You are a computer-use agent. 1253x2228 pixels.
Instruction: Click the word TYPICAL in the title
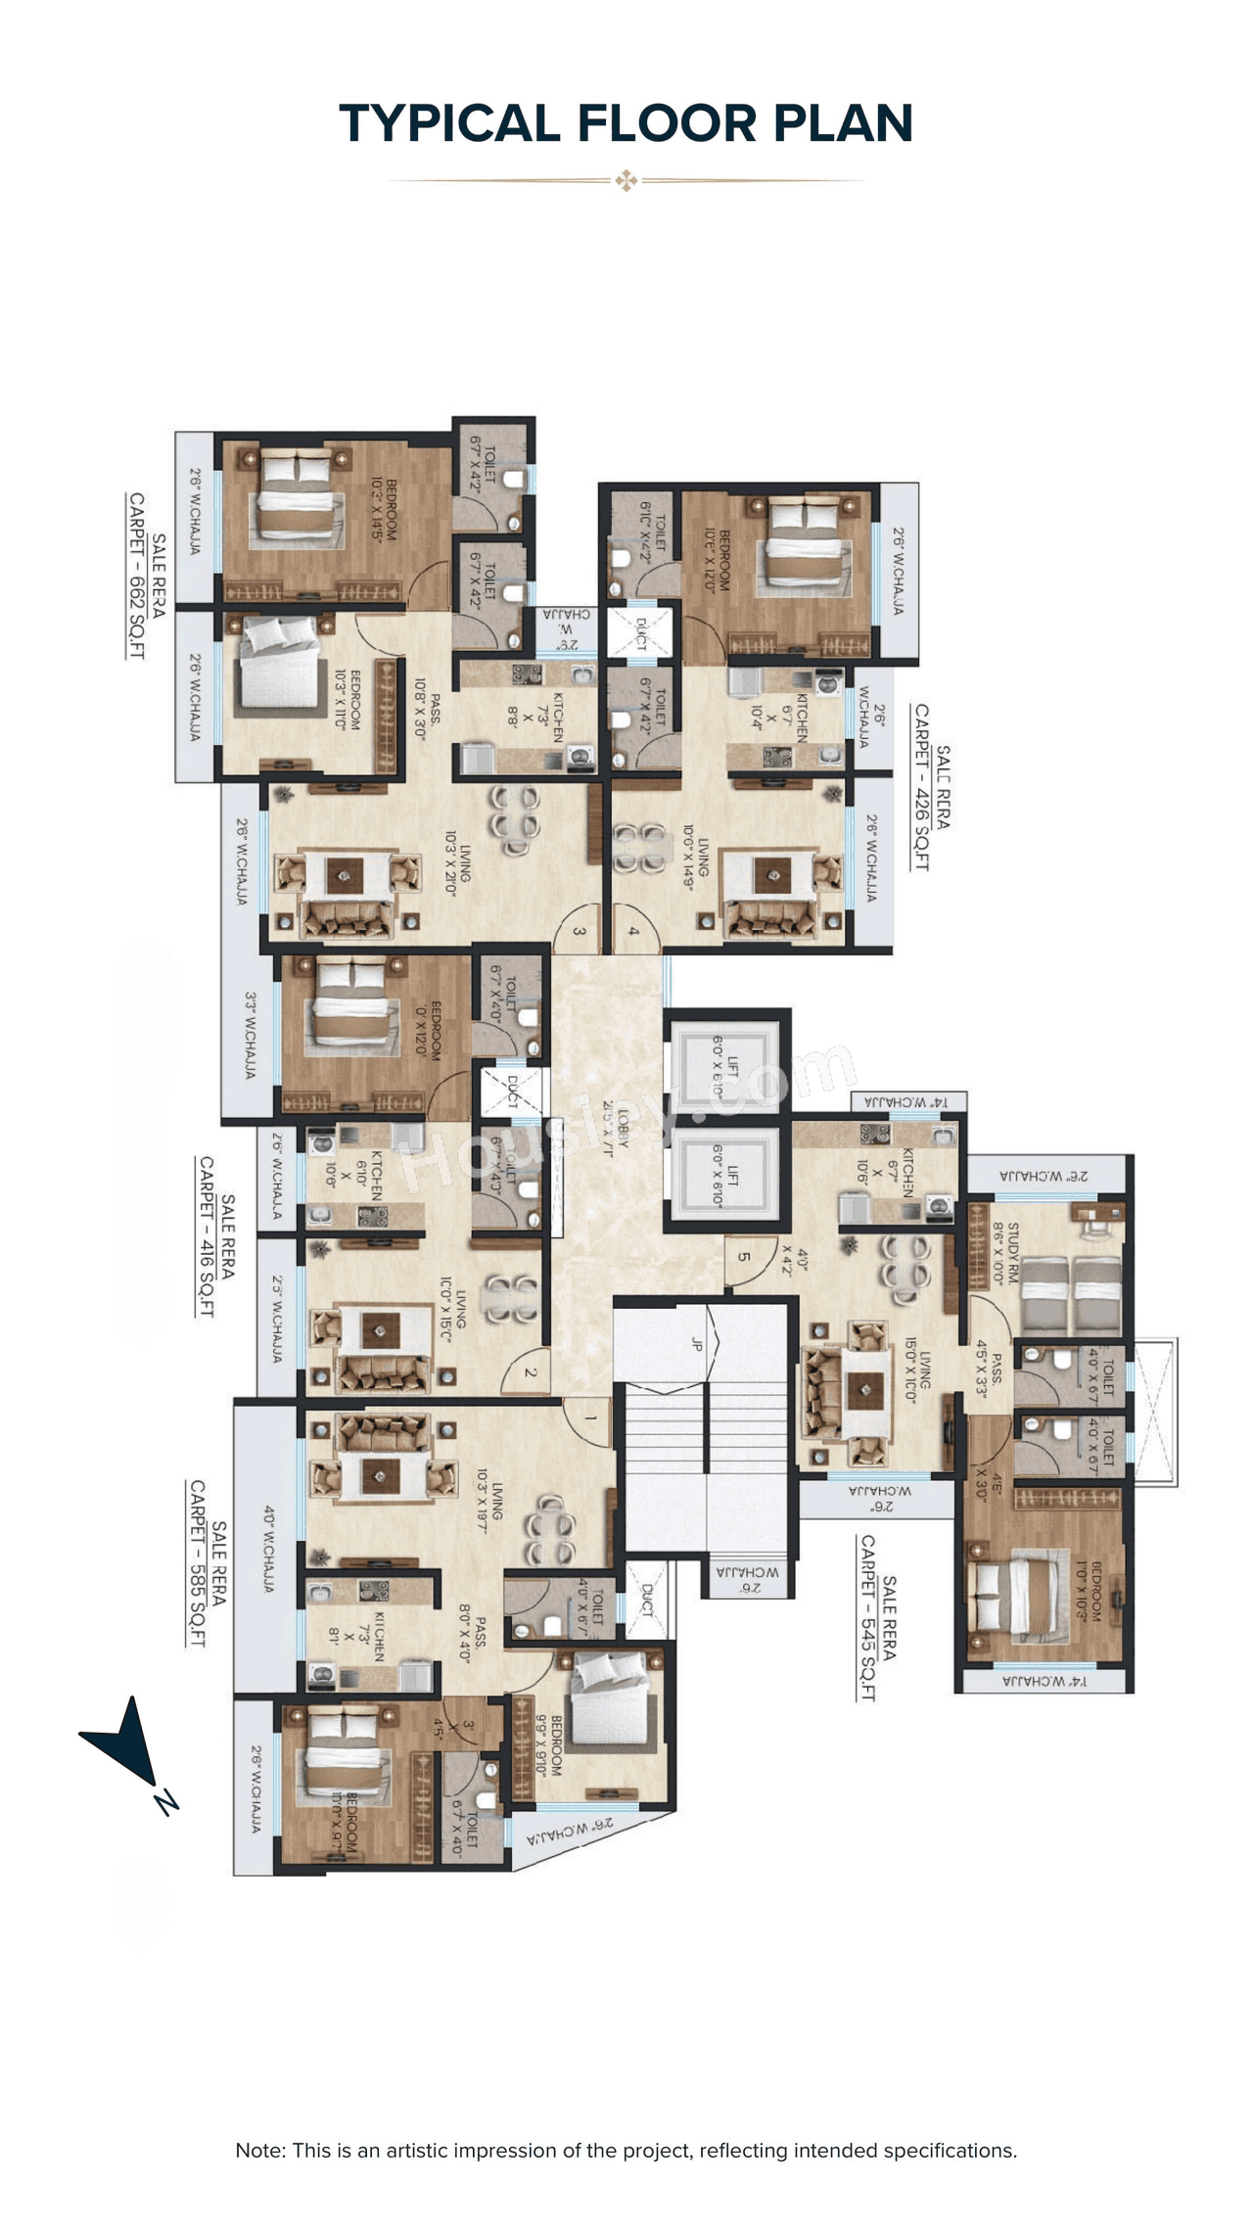[449, 124]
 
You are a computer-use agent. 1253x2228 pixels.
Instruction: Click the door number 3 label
[580, 931]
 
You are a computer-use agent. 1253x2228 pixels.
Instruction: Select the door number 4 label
[633, 931]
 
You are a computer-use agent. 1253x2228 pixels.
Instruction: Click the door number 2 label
[531, 1372]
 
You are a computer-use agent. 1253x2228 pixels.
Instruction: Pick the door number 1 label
[590, 1417]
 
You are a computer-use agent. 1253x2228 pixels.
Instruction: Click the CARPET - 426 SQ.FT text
[921, 787]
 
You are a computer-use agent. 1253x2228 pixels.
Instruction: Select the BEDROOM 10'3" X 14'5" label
[384, 509]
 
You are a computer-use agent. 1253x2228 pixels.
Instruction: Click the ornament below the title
[626, 180]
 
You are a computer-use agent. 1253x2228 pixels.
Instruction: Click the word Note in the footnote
[258, 2150]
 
